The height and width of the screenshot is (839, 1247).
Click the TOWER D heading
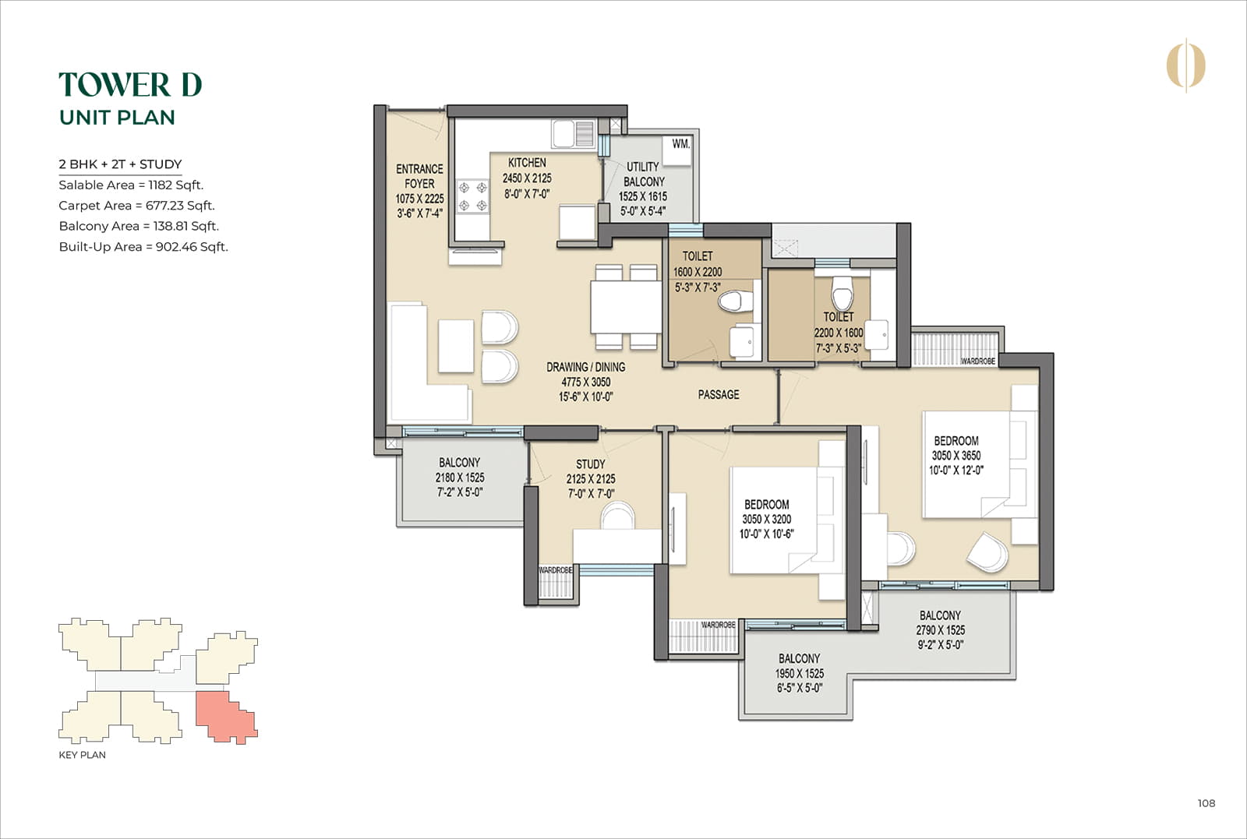(130, 85)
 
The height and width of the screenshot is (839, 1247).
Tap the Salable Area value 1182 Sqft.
(175, 185)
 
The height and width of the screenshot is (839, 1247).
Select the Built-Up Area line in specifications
(143, 247)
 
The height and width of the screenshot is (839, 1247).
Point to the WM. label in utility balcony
(680, 144)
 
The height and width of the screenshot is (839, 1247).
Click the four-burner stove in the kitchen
(472, 196)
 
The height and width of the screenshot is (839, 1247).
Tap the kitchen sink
(574, 134)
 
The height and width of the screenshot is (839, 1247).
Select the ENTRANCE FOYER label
(419, 176)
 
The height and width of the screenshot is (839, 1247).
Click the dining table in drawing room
(626, 308)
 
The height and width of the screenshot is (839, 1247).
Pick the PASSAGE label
(718, 395)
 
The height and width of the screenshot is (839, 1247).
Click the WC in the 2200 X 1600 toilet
(842, 294)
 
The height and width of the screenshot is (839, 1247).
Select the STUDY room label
(590, 464)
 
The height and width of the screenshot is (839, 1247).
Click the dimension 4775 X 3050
(585, 382)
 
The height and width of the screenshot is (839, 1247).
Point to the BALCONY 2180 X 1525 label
(460, 477)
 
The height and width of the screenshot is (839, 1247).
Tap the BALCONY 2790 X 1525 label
(940, 629)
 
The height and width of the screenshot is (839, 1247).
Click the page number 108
(1206, 803)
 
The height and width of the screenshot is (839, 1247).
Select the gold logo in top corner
(1185, 65)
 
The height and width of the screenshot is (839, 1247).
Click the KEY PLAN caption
(82, 755)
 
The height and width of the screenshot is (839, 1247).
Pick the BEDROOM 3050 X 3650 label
(956, 455)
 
